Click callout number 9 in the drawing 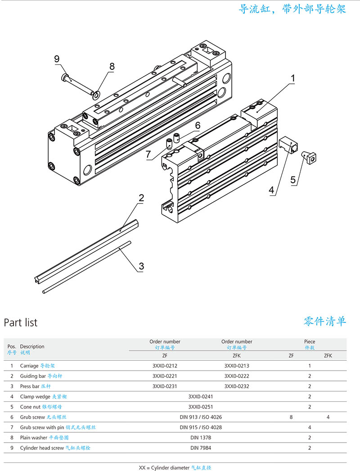coord(57,59)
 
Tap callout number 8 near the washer coord(112,66)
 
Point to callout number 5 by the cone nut coord(293,180)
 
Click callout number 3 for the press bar coord(141,266)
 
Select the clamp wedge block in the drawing coord(288,145)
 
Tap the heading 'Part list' coord(21,322)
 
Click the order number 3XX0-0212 coord(165,366)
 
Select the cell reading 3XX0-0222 coord(237,376)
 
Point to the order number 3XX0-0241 coord(201,397)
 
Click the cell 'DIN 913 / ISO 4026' coord(201,417)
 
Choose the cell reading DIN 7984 coord(201,448)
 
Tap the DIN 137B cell coord(201,437)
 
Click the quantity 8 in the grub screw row coord(291,417)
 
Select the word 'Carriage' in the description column coord(29,366)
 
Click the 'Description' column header coord(32,346)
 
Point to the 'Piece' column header coord(310,342)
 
